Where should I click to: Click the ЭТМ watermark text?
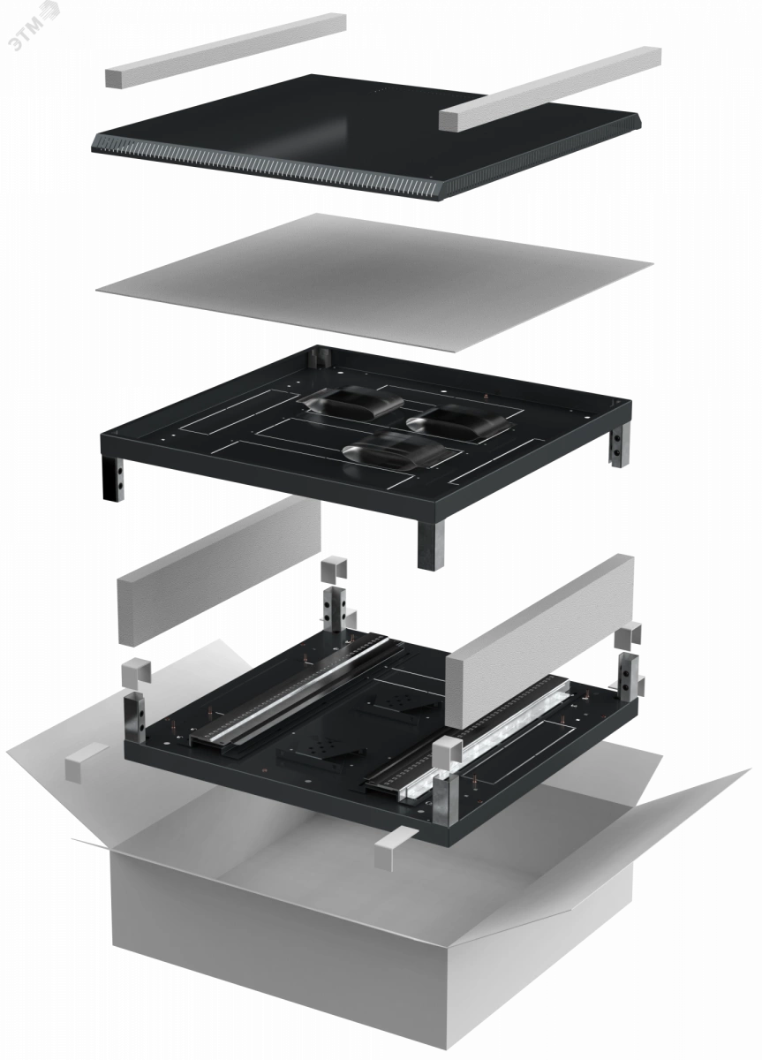[34, 25]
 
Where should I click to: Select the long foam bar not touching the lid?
[225, 50]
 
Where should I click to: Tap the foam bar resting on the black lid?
[549, 88]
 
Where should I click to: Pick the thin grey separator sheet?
[373, 283]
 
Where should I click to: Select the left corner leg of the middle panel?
[113, 478]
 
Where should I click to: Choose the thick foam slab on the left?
[219, 572]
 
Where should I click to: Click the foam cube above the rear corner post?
[334, 571]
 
